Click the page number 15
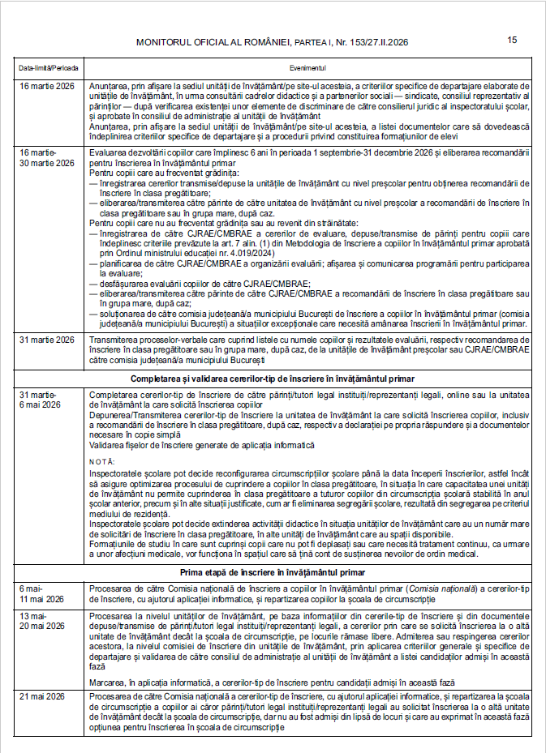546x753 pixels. click(x=512, y=40)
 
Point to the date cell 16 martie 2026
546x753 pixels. click(x=46, y=85)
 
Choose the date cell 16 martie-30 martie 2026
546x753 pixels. click(x=46, y=157)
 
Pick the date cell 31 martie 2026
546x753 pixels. click(x=46, y=340)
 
